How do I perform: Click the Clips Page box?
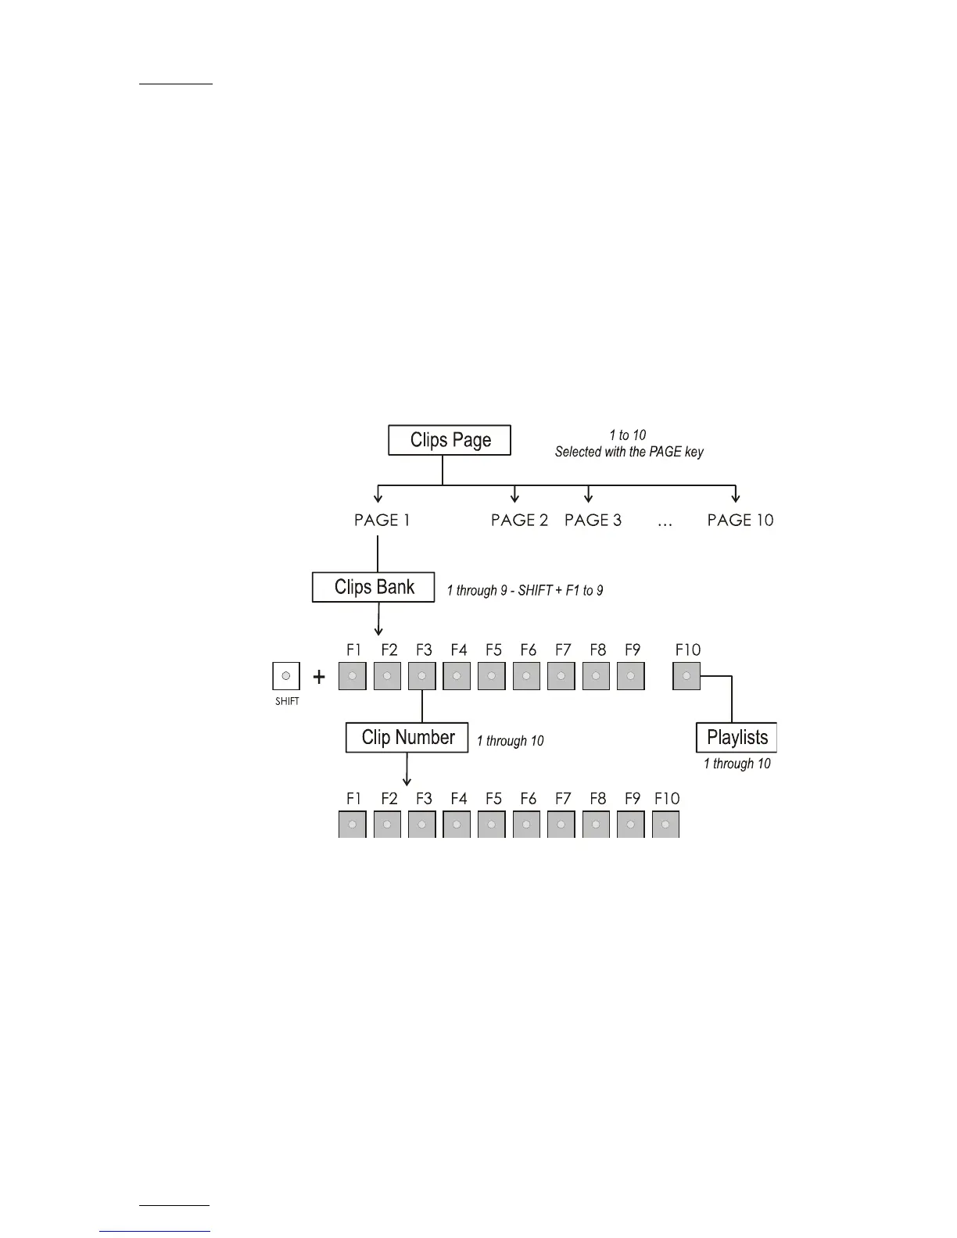(450, 440)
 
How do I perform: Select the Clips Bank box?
(374, 587)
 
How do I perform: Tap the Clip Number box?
(407, 738)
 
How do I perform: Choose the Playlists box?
(737, 738)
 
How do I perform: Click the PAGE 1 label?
(382, 521)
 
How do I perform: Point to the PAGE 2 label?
(519, 521)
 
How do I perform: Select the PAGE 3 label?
(593, 521)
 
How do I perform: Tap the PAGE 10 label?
(740, 521)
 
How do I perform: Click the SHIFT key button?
(286, 676)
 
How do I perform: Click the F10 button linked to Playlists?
(686, 676)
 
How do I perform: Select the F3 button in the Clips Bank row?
(422, 676)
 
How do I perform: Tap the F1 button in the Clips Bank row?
(353, 676)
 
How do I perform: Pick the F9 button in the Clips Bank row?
(631, 676)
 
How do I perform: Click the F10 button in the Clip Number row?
(665, 825)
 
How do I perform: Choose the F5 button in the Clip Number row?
(492, 825)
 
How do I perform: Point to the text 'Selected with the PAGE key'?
(629, 452)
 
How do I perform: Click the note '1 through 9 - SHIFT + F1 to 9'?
(525, 591)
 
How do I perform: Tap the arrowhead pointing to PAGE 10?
(735, 498)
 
